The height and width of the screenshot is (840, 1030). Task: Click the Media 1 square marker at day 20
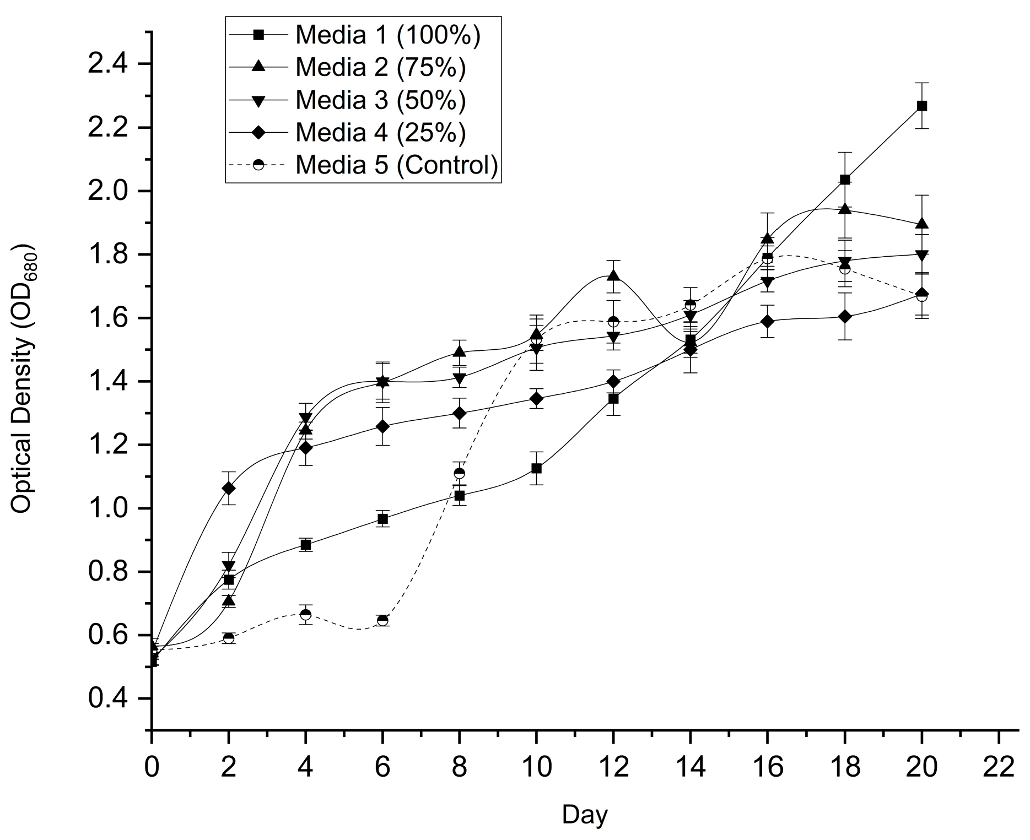(x=921, y=106)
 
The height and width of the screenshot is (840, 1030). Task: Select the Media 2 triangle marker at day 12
(x=613, y=275)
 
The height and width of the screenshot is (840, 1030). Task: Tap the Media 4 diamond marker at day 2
(x=228, y=488)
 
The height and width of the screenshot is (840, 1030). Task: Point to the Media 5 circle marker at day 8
(x=459, y=473)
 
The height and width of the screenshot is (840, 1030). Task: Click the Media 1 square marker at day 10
(x=536, y=469)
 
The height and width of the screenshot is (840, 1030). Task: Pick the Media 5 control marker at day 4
(x=305, y=614)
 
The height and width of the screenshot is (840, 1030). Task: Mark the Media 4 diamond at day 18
(x=844, y=317)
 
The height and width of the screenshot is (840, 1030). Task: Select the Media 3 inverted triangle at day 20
(x=921, y=255)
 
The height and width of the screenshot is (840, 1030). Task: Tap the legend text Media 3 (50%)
(x=380, y=100)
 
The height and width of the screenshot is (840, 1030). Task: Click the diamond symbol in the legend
(x=258, y=132)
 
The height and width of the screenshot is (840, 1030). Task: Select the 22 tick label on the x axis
(x=998, y=767)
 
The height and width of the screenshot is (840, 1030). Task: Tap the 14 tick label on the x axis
(x=690, y=767)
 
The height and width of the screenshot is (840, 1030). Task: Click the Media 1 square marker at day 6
(x=382, y=519)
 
